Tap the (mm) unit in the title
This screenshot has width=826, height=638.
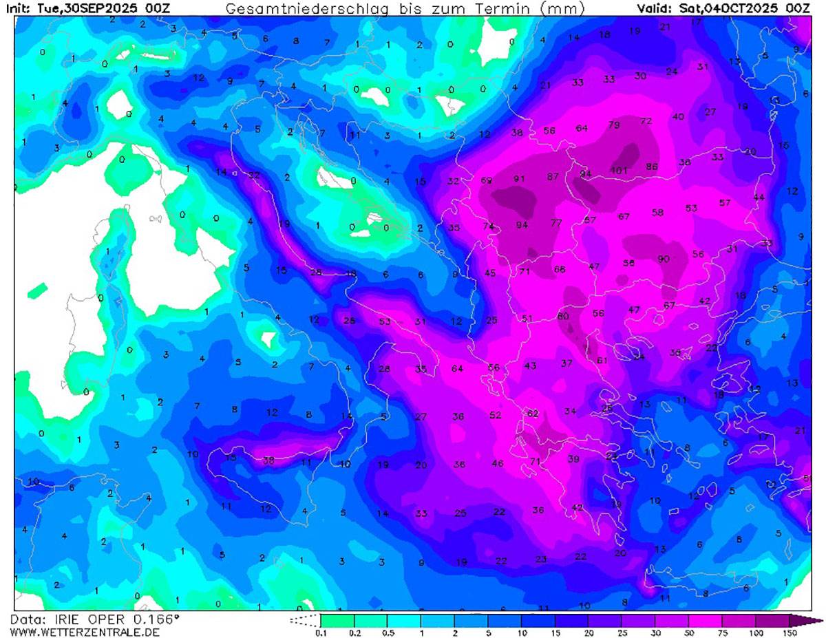pos(563,8)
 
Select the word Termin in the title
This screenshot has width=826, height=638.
pos(503,8)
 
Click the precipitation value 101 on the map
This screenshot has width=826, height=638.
pos(619,170)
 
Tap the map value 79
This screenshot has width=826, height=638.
pos(614,125)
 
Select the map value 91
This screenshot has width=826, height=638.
pos(520,179)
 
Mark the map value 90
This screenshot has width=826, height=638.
pos(664,259)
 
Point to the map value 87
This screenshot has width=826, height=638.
pos(553,177)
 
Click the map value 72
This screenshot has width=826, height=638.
pos(646,121)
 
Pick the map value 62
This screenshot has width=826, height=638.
pos(532,414)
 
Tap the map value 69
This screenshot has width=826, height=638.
pos(487,180)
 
